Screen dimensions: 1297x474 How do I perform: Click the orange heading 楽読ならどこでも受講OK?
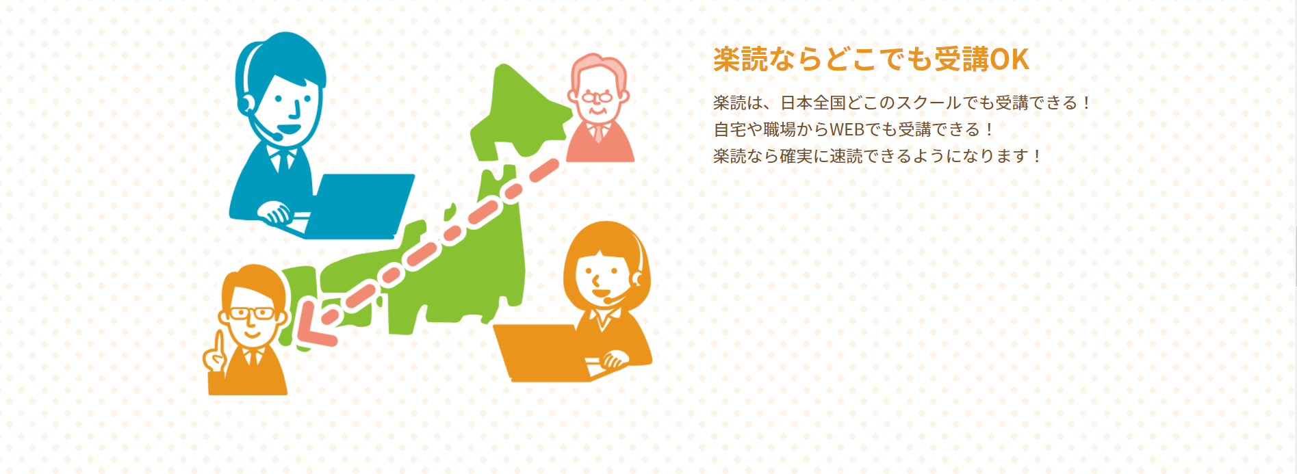pyautogui.click(x=871, y=60)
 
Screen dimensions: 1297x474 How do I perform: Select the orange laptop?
pyautogui.click(x=541, y=352)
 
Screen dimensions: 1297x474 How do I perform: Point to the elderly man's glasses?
pyautogui.click(x=596, y=97)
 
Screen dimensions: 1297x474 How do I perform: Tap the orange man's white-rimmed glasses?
pyautogui.click(x=251, y=313)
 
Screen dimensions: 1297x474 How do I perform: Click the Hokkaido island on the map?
pyautogui.click(x=520, y=109)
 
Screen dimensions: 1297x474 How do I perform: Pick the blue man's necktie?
pyautogui.click(x=282, y=161)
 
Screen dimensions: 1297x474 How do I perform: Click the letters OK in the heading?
pyautogui.click(x=1010, y=60)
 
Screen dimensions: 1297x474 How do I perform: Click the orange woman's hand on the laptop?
pyautogui.click(x=613, y=359)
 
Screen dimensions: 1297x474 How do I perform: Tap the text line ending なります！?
pyautogui.click(x=877, y=156)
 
